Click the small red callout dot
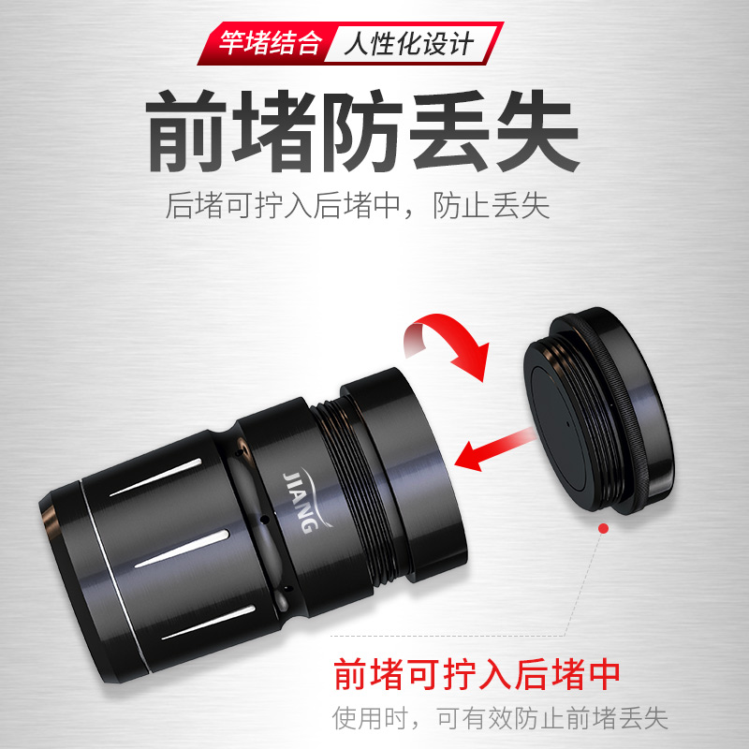point(604,529)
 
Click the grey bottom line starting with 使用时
point(500,719)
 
